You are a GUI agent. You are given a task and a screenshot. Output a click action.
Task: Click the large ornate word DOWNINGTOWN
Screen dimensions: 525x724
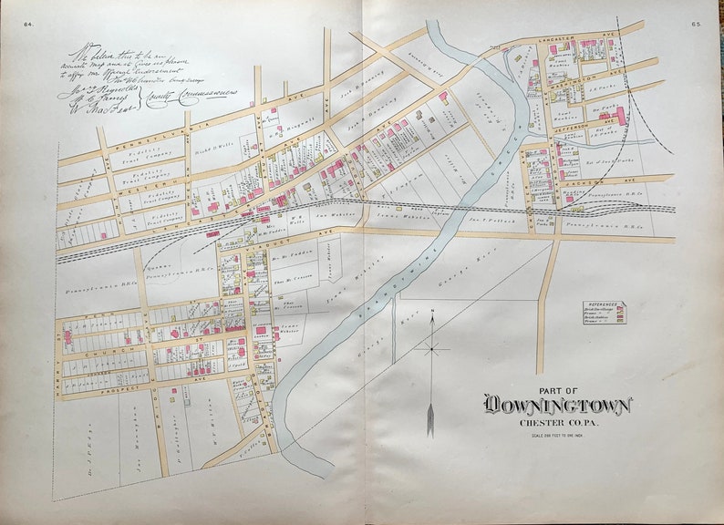557,405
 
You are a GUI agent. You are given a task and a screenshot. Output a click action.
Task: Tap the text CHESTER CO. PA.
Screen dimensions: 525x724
557,422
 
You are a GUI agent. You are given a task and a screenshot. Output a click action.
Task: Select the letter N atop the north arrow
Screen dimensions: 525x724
434,315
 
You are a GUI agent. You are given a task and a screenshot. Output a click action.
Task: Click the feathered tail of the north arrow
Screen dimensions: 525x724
431,420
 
